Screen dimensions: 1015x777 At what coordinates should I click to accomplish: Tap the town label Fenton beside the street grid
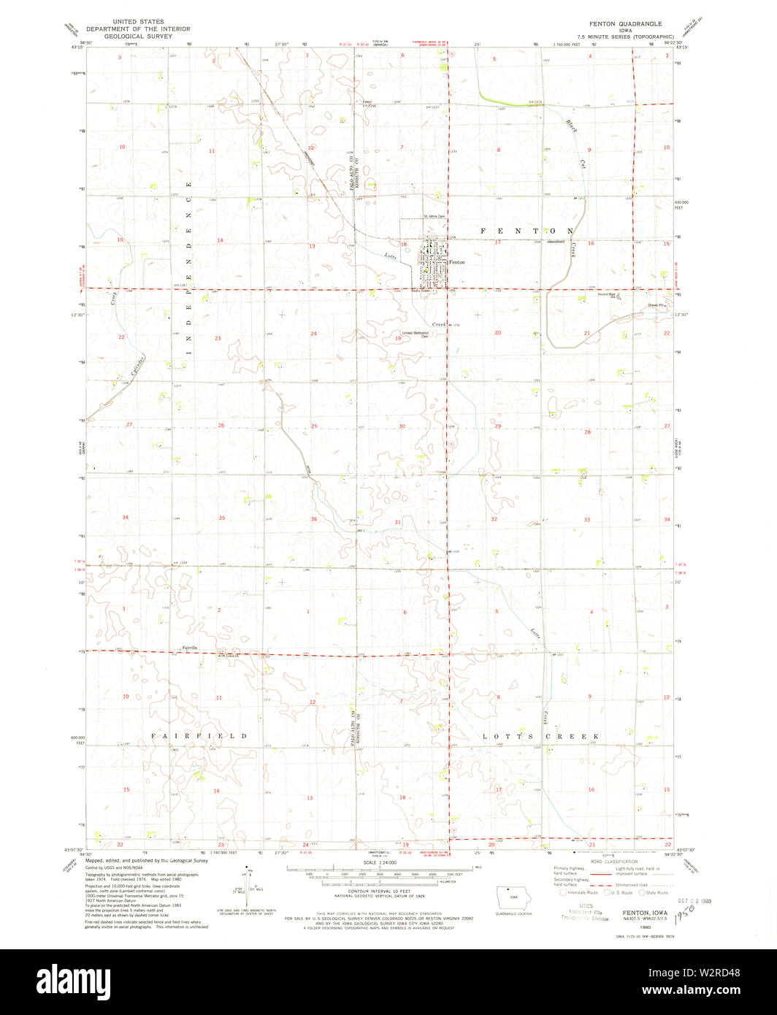[x=456, y=261]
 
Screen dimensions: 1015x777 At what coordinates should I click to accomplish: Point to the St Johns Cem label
[x=435, y=216]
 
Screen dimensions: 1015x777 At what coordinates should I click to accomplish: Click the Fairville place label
[x=189, y=648]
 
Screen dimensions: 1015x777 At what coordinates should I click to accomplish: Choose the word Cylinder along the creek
[x=137, y=363]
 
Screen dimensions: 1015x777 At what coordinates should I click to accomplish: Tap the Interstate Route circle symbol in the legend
[x=562, y=892]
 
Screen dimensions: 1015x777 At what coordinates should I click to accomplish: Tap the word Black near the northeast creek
[x=572, y=125]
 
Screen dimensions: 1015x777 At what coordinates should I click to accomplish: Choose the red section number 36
[x=314, y=519]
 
